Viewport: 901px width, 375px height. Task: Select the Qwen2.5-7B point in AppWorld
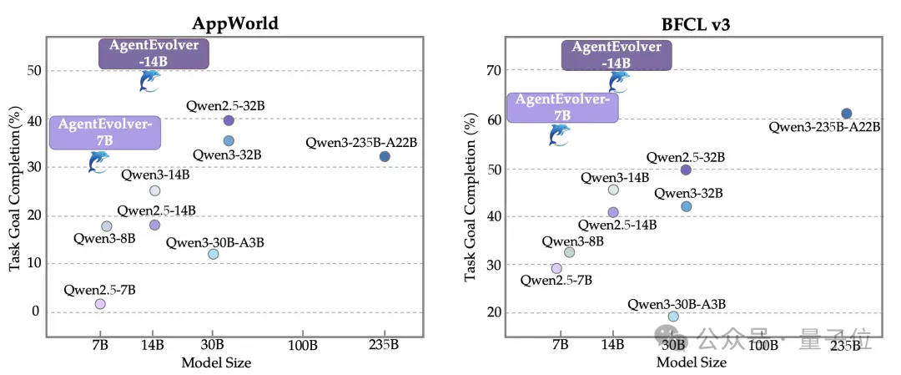click(x=100, y=304)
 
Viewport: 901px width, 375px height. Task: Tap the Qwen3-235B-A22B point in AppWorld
click(x=385, y=156)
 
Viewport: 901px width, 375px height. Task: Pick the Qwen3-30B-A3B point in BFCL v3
click(x=673, y=317)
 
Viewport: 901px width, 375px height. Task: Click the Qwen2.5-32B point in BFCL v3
click(x=686, y=170)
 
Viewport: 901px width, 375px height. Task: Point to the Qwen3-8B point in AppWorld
click(x=106, y=226)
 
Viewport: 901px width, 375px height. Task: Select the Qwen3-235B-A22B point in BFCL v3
click(x=847, y=114)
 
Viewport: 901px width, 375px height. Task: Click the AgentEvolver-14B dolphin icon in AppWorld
click(x=149, y=81)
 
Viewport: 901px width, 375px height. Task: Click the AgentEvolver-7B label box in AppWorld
click(x=104, y=132)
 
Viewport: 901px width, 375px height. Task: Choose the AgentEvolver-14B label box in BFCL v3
click(x=617, y=54)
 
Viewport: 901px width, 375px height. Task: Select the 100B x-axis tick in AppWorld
click(x=303, y=346)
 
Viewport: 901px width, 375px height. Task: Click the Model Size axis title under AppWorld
click(x=216, y=363)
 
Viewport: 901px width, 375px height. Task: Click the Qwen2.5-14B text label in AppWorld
click(x=156, y=210)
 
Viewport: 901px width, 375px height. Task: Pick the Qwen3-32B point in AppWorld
click(x=229, y=141)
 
